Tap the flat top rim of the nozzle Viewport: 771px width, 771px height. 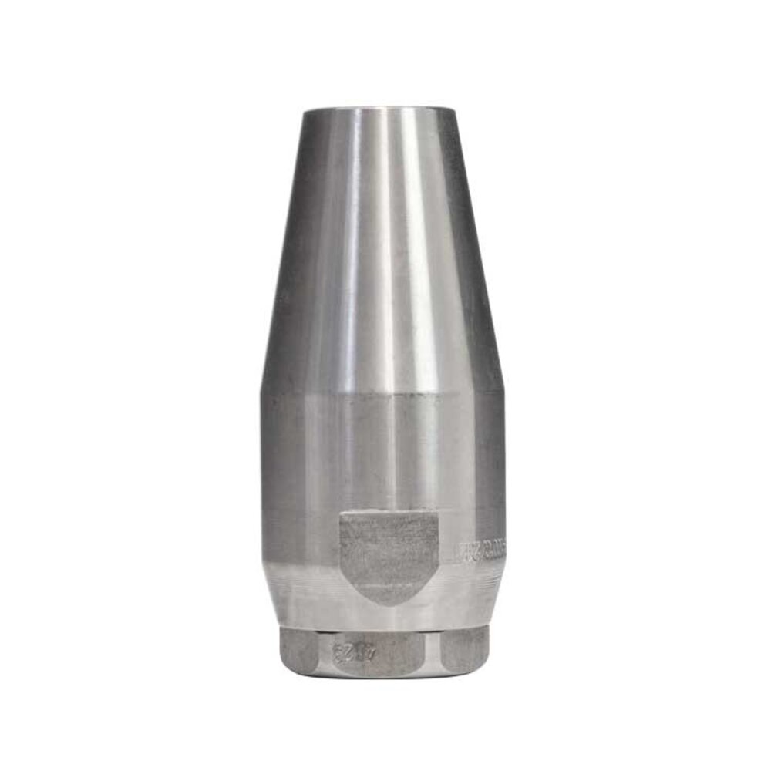[379, 109]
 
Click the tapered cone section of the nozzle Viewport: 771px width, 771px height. [382, 247]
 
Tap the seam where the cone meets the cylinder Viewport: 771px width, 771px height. [382, 392]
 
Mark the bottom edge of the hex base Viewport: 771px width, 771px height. [382, 676]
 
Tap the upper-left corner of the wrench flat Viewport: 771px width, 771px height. [341, 514]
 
